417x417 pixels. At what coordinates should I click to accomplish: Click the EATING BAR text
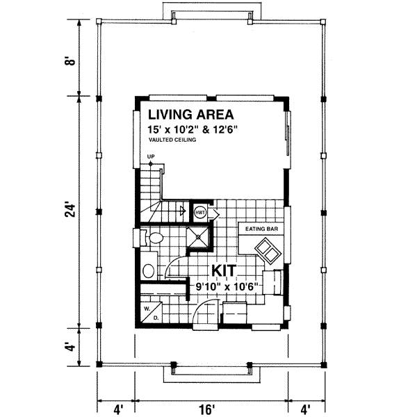(259, 227)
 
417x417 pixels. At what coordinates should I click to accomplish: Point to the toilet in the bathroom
(154, 238)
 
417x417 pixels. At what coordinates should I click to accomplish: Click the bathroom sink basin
(147, 270)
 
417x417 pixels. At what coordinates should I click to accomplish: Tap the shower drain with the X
(199, 238)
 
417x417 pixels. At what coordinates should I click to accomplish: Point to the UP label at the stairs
(150, 157)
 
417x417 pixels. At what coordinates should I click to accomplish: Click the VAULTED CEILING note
(172, 140)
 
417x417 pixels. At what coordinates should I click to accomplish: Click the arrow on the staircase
(180, 209)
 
